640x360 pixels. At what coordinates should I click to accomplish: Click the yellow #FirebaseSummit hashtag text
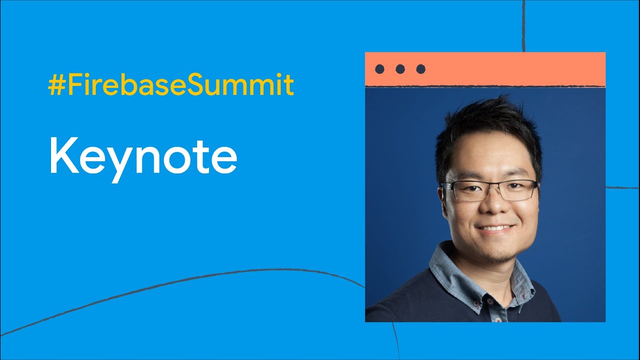(x=171, y=85)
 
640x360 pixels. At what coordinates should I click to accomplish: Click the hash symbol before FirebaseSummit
(x=56, y=85)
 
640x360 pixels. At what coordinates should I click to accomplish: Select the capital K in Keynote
(x=64, y=155)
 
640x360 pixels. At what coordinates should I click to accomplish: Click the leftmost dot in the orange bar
(x=379, y=69)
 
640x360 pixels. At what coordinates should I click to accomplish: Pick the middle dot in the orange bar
(x=400, y=69)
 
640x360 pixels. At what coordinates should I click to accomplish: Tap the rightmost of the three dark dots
(x=420, y=69)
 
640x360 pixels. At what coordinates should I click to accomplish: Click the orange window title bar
(x=485, y=69)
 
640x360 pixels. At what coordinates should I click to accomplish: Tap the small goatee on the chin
(x=497, y=259)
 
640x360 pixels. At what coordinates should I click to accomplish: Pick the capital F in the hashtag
(x=75, y=85)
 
